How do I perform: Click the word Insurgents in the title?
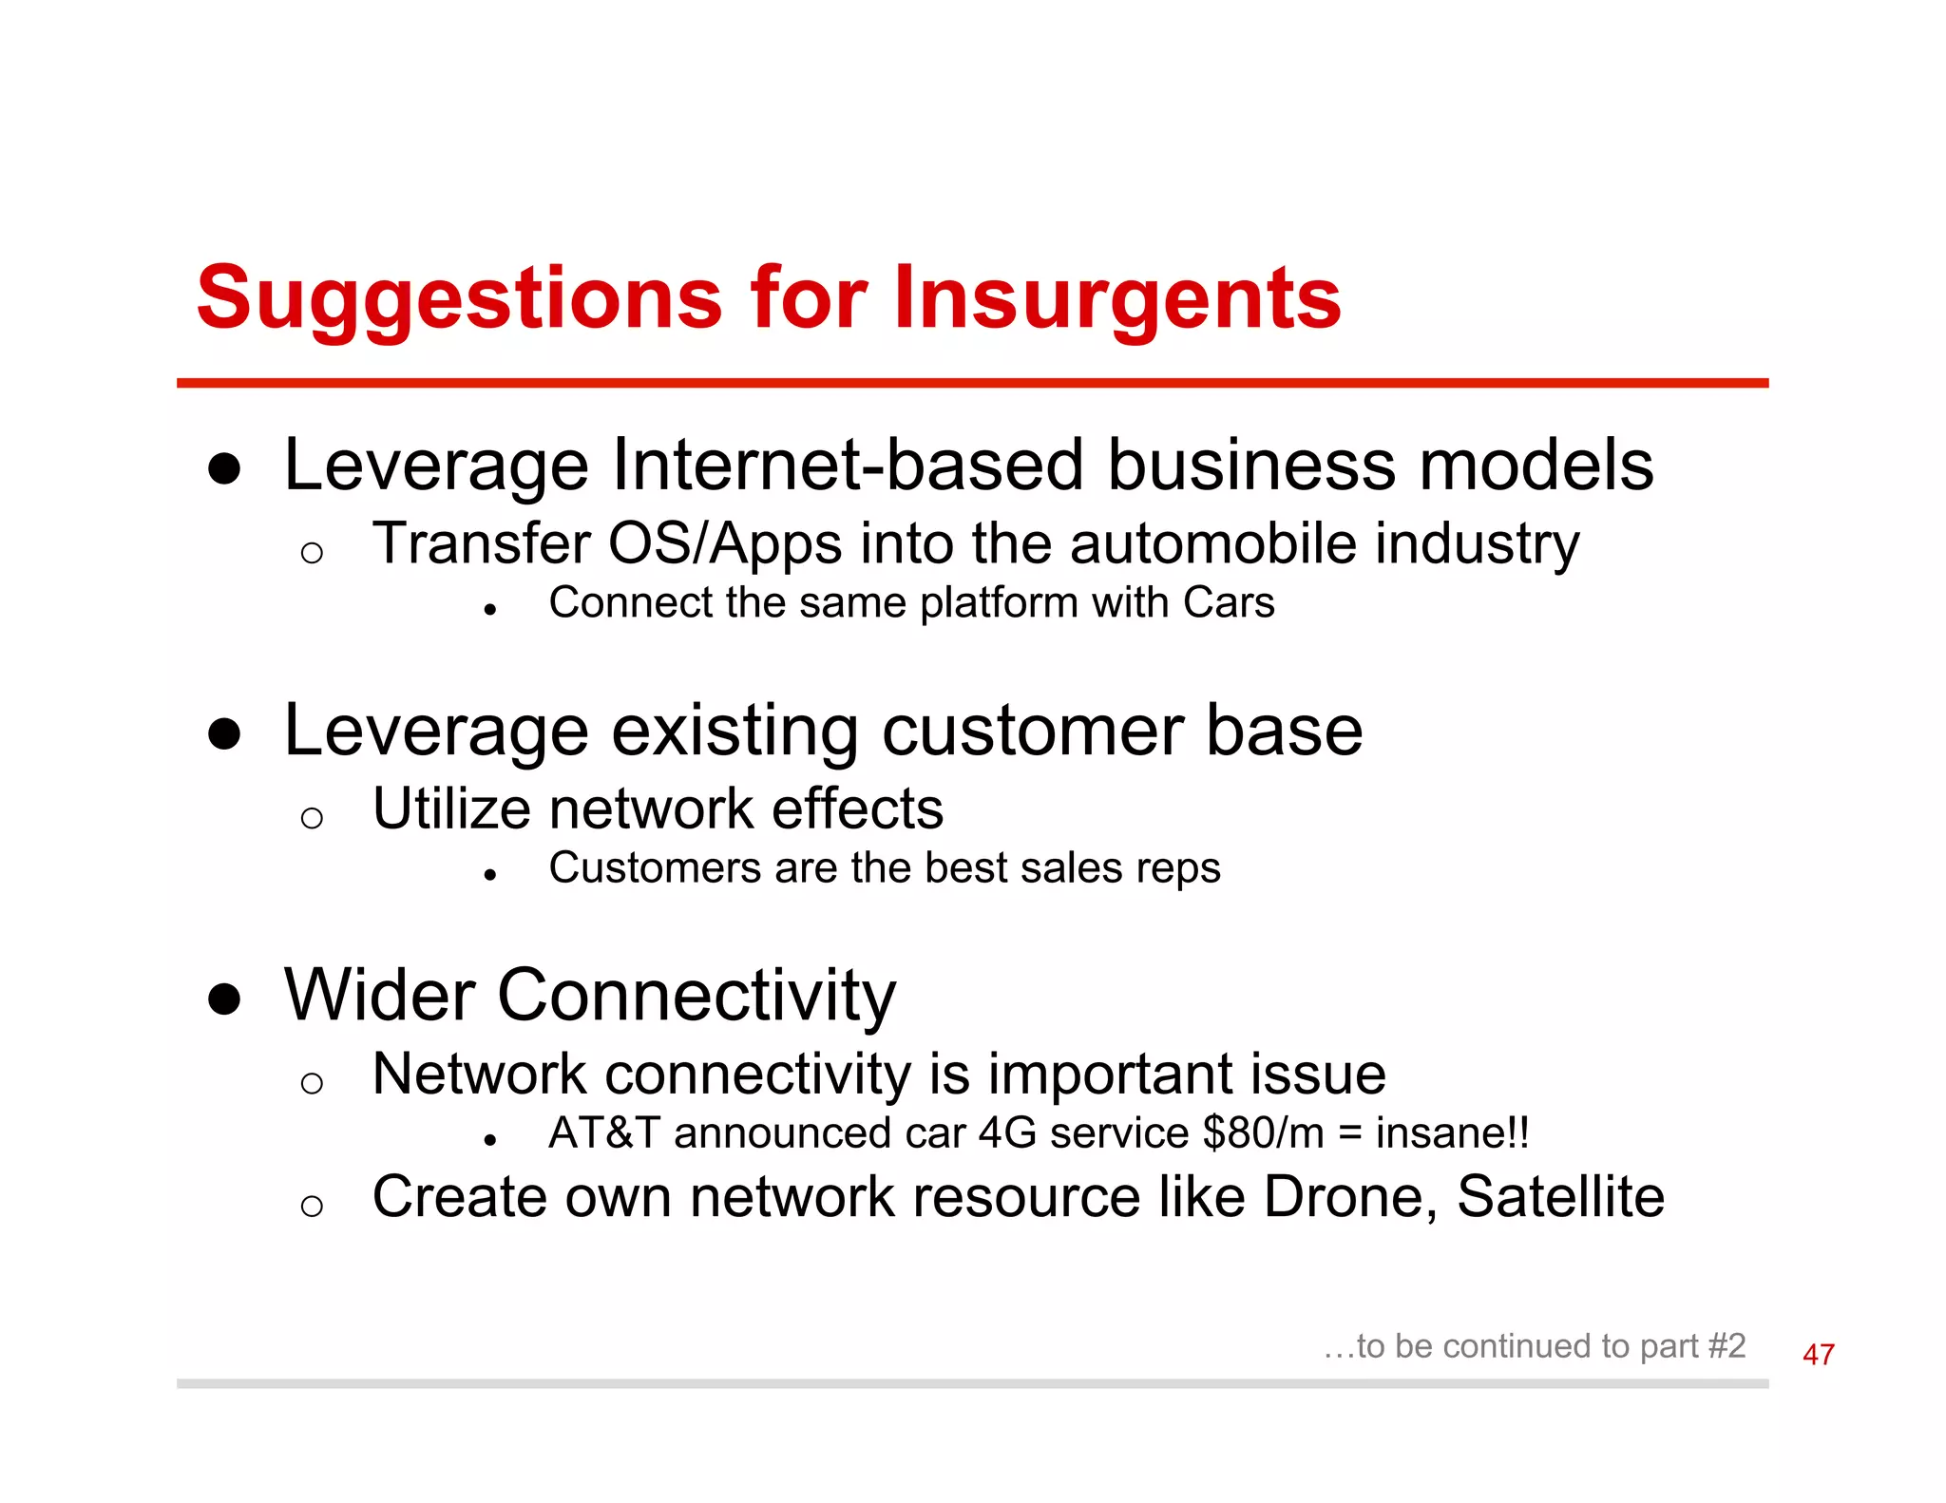(1116, 298)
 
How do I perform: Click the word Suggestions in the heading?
(459, 298)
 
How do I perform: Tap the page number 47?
(1818, 1354)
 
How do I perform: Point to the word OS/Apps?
(725, 544)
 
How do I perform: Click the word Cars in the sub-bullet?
(1229, 602)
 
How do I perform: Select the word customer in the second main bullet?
(1032, 731)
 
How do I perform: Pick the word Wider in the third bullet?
(380, 996)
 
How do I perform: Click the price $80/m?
(1263, 1133)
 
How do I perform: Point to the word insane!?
(1452, 1133)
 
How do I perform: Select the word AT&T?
(603, 1133)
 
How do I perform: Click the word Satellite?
(1560, 1196)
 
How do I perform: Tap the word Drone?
(1349, 1196)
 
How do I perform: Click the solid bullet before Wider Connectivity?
(224, 999)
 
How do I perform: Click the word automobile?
(1213, 544)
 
